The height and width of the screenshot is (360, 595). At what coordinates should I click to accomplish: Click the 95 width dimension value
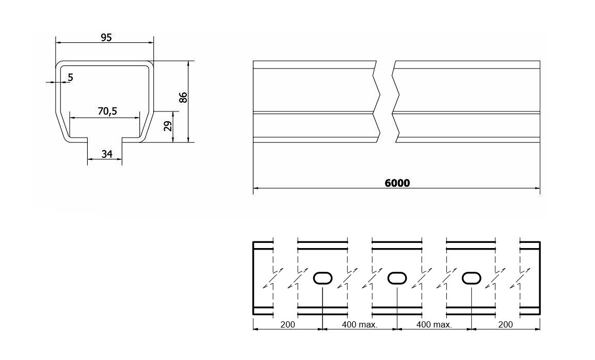106,37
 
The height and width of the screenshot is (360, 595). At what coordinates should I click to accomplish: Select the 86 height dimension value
183,97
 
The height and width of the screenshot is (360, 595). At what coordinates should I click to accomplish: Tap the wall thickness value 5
71,77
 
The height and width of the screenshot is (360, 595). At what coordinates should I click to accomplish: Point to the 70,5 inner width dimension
107,111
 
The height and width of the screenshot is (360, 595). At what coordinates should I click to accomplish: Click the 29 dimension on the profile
167,126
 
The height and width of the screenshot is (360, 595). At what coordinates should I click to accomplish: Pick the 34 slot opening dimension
107,154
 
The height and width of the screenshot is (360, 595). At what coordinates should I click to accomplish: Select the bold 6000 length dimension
397,183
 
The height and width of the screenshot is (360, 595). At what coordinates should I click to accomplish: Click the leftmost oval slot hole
323,278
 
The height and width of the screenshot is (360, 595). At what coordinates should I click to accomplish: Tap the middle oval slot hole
397,278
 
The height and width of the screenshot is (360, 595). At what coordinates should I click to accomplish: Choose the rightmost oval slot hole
471,278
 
